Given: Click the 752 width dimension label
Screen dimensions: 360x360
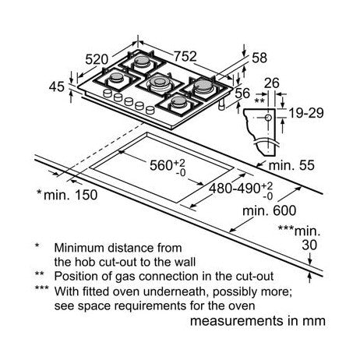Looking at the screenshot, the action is pyautogui.click(x=185, y=56).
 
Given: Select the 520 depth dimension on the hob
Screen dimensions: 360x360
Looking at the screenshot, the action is pyautogui.click(x=97, y=59).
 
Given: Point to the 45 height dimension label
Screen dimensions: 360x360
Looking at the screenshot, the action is pyautogui.click(x=56, y=86).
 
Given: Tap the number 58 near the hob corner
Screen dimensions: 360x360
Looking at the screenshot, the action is pyautogui.click(x=259, y=58).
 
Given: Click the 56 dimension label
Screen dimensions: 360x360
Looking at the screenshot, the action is pyautogui.click(x=242, y=94).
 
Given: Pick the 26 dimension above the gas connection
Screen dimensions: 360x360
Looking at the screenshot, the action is pyautogui.click(x=272, y=83).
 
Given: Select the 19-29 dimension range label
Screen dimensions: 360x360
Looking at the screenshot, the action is pyautogui.click(x=306, y=113).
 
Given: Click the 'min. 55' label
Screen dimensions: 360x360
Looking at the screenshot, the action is pyautogui.click(x=291, y=165).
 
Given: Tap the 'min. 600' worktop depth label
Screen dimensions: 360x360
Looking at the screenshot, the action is pyautogui.click(x=269, y=210).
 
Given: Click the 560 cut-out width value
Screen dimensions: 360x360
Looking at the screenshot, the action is pyautogui.click(x=161, y=165).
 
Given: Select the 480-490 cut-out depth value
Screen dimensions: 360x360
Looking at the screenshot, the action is pyautogui.click(x=235, y=188).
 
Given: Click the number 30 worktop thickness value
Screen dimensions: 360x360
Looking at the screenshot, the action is pyautogui.click(x=309, y=245).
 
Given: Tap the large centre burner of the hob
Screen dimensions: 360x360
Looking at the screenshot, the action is pyautogui.click(x=159, y=82).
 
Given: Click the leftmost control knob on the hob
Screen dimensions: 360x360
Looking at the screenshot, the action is pyautogui.click(x=108, y=93).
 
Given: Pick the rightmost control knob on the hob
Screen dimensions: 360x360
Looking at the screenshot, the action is pyautogui.click(x=150, y=110).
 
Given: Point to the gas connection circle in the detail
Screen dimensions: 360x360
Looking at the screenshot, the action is pyautogui.click(x=268, y=118).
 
